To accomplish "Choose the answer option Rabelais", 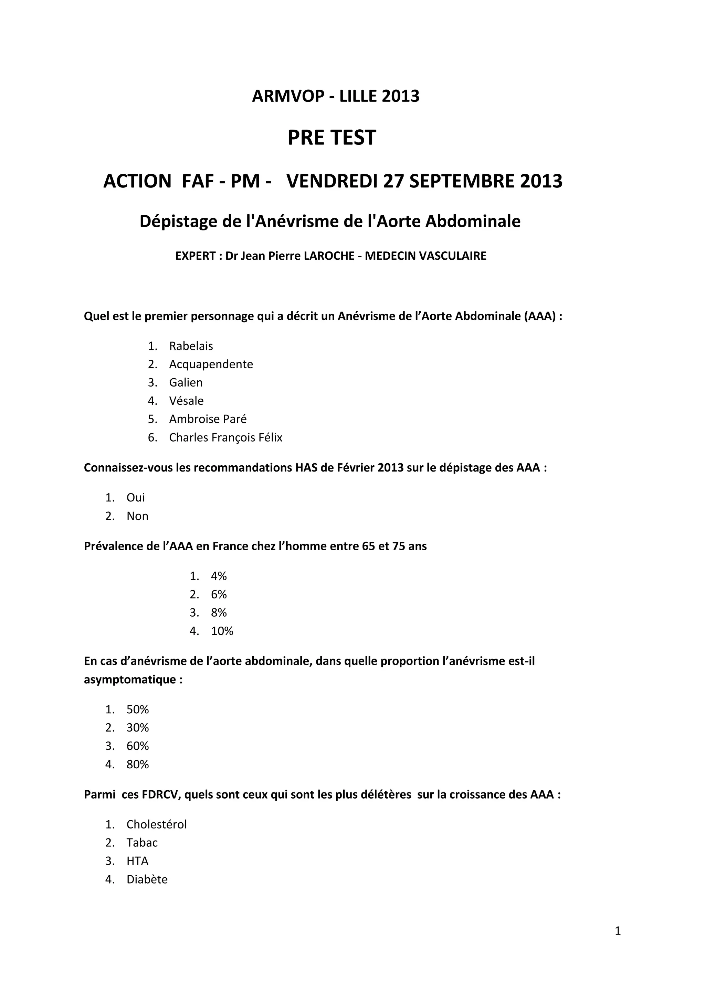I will coord(191,346).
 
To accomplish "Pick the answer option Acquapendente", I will coord(211,365).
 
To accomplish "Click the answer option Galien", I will coord(186,382).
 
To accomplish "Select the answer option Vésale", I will coord(186,401).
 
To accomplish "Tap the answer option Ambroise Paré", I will coord(208,419).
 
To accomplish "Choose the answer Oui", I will coord(135,498).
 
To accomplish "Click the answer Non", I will coord(137,516).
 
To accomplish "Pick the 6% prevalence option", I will coord(219,594).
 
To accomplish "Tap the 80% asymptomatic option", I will coord(138,764).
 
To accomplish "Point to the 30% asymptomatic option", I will coord(138,727).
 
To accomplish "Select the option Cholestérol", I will coord(156,824).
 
